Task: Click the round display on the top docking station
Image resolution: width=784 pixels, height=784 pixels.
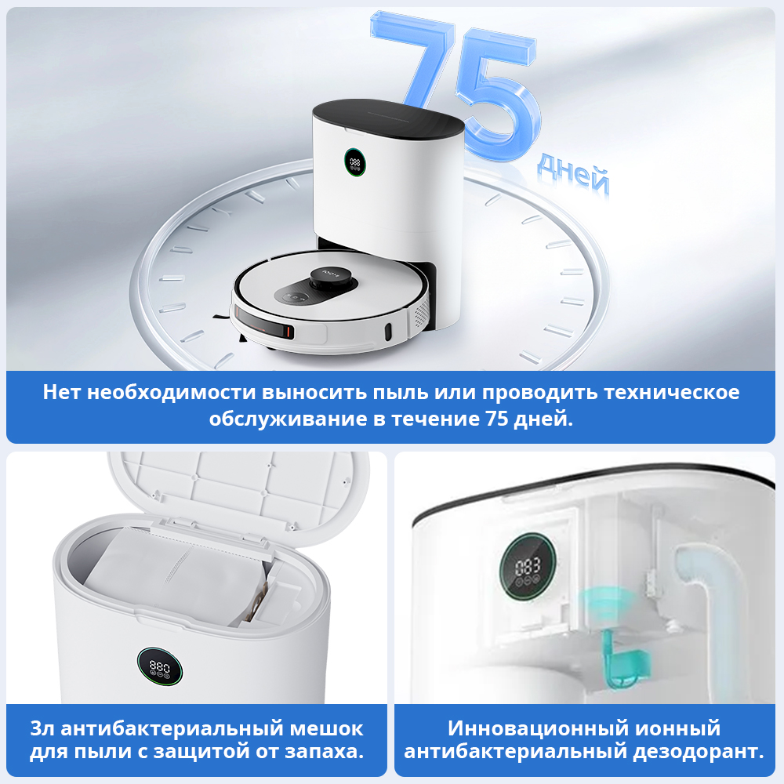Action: pos(354,162)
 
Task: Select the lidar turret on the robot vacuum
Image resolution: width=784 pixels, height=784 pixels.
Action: pos(330,278)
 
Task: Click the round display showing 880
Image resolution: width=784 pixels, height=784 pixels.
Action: pos(160,666)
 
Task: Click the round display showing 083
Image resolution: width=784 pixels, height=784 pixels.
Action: pos(528,568)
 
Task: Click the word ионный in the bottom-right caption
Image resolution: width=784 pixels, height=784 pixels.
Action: pos(677,728)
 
